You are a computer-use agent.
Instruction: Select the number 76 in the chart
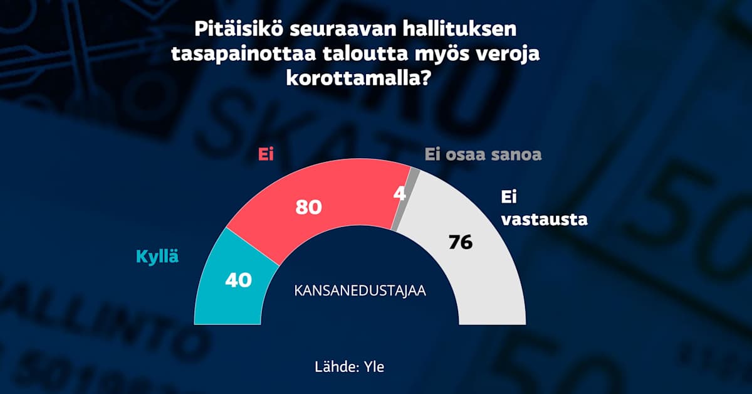point(460,242)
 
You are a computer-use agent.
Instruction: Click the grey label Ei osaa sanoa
point(483,154)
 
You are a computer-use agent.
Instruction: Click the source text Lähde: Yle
point(350,367)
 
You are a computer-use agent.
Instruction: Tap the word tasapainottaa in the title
point(242,55)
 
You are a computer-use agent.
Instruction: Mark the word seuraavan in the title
point(344,29)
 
